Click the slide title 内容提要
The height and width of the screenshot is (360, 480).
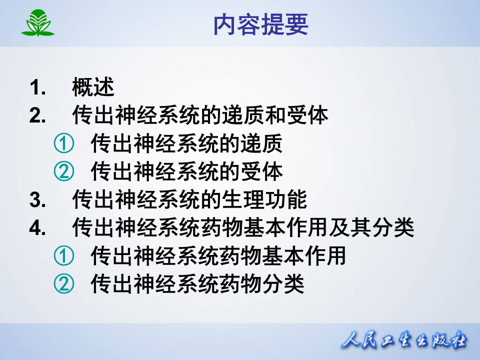click(260, 24)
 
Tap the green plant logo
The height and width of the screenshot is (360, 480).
click(37, 24)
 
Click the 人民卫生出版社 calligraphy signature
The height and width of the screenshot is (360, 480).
click(404, 341)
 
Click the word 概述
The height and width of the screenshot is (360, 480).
click(93, 87)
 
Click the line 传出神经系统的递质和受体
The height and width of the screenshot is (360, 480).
click(200, 115)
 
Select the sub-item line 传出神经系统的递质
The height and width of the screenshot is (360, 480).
click(186, 144)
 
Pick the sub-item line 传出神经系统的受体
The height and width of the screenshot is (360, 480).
click(186, 172)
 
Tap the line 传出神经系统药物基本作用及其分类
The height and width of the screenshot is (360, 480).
click(243, 228)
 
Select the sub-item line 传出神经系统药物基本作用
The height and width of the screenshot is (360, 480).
click(218, 257)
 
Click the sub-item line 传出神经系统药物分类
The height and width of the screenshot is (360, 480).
click(197, 285)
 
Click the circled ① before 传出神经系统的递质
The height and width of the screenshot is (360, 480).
click(64, 144)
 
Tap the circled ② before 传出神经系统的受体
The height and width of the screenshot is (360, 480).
click(64, 172)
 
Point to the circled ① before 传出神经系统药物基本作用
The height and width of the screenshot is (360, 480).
click(64, 257)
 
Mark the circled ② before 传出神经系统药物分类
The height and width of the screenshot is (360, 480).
click(64, 285)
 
